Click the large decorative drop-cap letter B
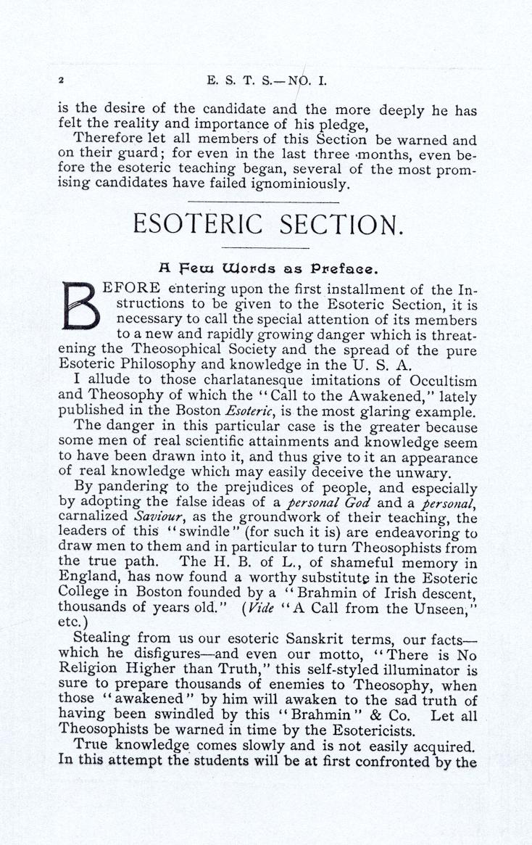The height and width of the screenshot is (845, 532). point(81,306)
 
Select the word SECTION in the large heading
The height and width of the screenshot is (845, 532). point(342,225)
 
